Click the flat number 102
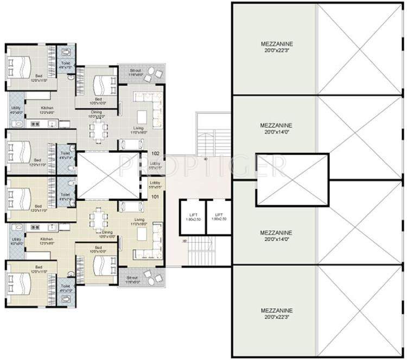coord(155,153)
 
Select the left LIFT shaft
coord(193,217)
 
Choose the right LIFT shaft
coord(219,217)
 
